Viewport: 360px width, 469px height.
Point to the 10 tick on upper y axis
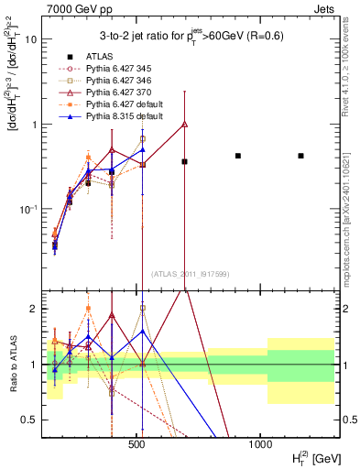(29, 39)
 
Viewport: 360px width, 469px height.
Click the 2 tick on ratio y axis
(32, 309)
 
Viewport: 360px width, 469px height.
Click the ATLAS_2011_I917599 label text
(190, 273)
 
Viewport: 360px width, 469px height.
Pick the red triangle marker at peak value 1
(185, 124)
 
